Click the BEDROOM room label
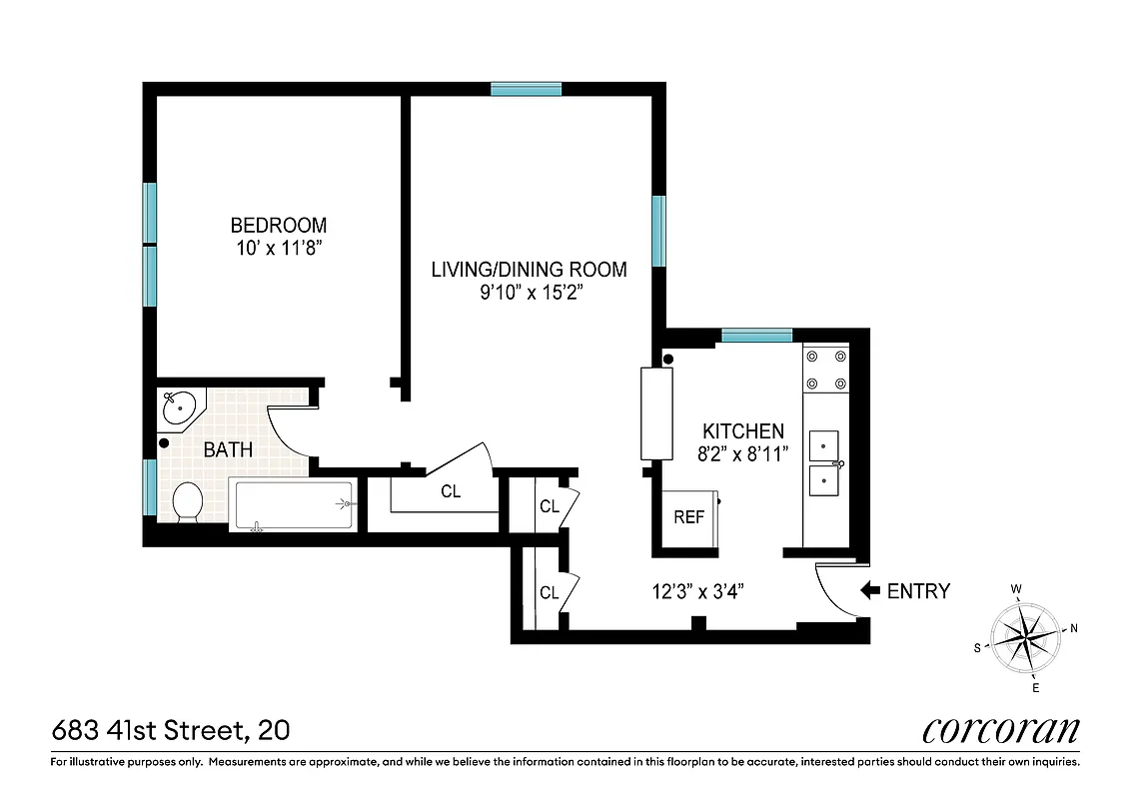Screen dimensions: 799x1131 tap(278, 226)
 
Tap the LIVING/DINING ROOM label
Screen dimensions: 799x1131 tap(529, 270)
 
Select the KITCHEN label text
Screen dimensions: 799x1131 tap(743, 431)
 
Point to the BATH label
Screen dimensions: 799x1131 tap(228, 450)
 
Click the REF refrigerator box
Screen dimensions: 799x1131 tap(688, 517)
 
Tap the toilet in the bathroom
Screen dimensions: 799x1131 tap(187, 501)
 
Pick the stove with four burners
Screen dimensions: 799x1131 tap(825, 369)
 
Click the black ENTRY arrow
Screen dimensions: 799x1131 tap(869, 591)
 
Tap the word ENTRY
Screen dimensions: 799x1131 tap(918, 591)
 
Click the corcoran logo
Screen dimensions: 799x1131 tap(1000, 730)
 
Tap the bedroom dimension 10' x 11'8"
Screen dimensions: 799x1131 tap(278, 248)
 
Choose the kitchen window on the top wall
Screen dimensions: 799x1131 tap(756, 336)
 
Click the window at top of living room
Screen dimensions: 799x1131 tap(526, 89)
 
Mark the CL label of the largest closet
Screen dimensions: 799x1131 tap(451, 491)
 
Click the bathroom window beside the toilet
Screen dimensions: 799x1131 tap(150, 487)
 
